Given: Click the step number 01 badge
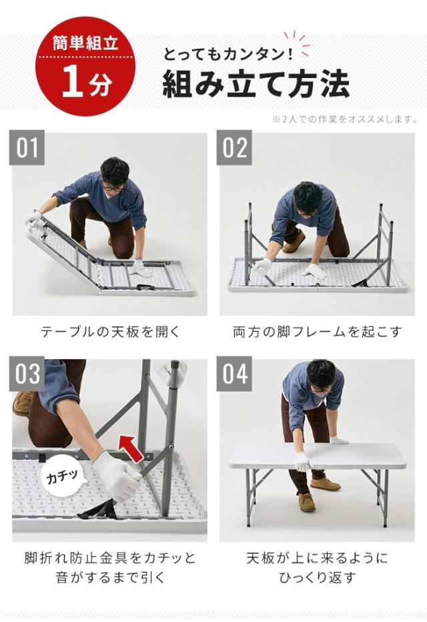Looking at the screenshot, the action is pos(27,147).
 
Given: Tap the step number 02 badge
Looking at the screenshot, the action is pos(234,147).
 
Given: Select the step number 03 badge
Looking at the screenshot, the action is pos(27,374).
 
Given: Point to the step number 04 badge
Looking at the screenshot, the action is pos(234,374).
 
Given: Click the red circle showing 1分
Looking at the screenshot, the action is pos(85,66).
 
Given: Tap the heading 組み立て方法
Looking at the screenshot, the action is pos(256,83).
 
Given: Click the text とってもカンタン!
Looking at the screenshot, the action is pos(228,54).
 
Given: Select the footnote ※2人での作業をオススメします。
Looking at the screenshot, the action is pos(344,119).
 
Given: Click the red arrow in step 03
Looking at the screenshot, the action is pos(132,448).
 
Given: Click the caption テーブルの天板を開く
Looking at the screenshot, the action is pos(110,332).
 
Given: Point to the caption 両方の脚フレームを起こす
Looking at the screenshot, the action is pos(317,332).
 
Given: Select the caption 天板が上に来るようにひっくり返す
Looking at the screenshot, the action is pos(317,568).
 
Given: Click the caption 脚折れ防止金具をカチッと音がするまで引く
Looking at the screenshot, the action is pos(110,568).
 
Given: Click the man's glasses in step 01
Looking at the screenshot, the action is pos(112,188).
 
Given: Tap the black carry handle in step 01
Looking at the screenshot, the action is pos(145,286).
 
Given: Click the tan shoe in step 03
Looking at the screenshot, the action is pos(23,403).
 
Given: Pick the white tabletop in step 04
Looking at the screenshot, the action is pos(318,456).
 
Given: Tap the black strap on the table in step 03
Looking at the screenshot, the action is pos(97,509).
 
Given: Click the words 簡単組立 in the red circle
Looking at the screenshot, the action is pos(85,43).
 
